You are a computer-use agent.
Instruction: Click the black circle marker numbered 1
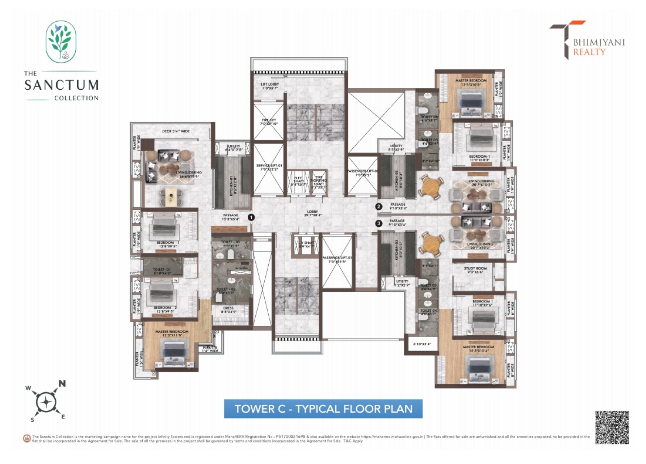click(251, 217)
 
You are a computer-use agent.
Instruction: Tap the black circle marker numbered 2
click(379, 207)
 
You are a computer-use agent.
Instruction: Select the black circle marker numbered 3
click(379, 224)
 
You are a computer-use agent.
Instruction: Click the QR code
click(612, 427)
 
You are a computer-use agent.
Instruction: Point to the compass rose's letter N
click(62, 383)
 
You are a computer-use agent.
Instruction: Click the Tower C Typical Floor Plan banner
click(323, 409)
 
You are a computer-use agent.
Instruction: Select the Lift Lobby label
click(270, 86)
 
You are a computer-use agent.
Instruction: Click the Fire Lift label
click(269, 122)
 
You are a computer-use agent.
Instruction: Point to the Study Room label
click(475, 270)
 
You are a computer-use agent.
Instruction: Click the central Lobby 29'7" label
click(312, 213)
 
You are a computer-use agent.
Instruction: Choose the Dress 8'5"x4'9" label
click(228, 310)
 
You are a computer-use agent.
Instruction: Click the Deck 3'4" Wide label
click(176, 131)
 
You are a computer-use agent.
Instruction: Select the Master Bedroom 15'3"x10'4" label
click(478, 349)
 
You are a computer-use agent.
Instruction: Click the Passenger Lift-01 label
click(337, 260)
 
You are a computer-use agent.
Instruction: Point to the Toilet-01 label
click(162, 271)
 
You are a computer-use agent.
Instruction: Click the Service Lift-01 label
click(269, 167)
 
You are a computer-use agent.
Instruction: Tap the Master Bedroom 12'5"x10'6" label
click(471, 82)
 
